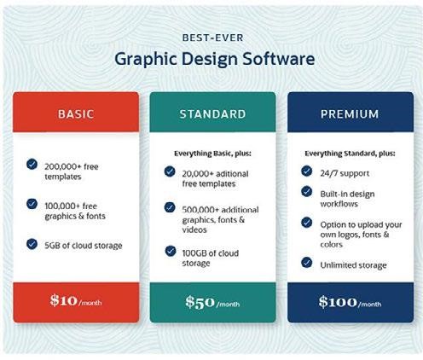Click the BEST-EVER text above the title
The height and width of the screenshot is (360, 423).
(x=211, y=38)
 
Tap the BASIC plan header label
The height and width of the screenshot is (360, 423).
(x=75, y=113)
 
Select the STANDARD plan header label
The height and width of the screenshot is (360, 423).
(x=212, y=113)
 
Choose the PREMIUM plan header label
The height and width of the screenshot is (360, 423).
(x=350, y=113)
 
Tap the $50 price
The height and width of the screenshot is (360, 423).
(x=201, y=301)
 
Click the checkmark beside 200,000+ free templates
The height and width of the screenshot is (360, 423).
(x=32, y=163)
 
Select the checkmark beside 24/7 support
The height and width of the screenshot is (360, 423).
(x=306, y=171)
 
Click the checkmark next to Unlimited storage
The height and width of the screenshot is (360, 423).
(x=306, y=261)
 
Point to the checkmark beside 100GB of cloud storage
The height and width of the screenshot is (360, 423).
(x=169, y=250)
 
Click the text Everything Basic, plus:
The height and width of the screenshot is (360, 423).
(x=213, y=154)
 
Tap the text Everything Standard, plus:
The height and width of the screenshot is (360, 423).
(x=351, y=154)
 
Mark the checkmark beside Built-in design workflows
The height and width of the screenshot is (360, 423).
(x=306, y=192)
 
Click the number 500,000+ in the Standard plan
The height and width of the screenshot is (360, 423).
(x=199, y=207)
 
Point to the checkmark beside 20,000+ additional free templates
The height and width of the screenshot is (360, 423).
(x=169, y=171)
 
